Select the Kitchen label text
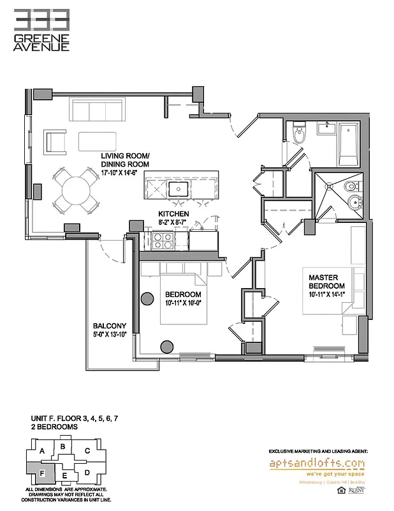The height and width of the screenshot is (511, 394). coord(173,215)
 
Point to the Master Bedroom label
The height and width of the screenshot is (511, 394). coord(327,282)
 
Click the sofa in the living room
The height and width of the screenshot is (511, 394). coord(98,109)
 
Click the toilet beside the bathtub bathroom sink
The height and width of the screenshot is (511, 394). coord(298,135)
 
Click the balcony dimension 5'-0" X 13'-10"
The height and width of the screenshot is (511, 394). coord(110,333)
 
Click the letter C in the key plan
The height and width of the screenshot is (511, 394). coord(87,450)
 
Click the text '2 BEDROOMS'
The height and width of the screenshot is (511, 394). coord(54,425)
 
